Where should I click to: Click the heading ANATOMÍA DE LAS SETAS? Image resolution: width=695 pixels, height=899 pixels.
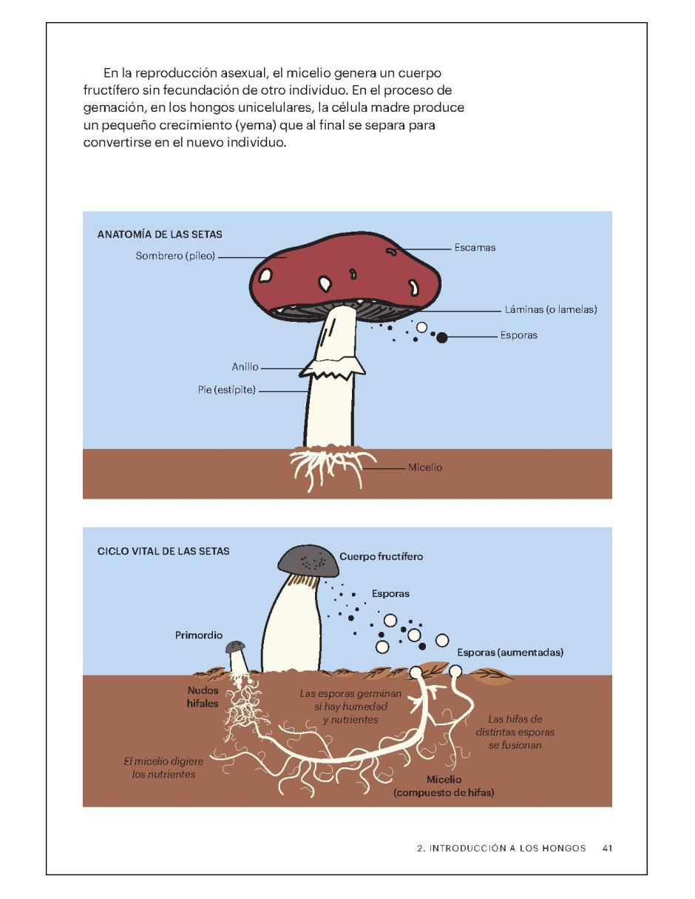click(x=160, y=234)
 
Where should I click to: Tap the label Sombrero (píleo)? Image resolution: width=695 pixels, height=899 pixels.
click(x=175, y=256)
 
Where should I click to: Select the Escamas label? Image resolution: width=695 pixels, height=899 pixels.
click(x=475, y=247)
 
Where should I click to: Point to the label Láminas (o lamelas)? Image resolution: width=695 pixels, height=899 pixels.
click(x=550, y=309)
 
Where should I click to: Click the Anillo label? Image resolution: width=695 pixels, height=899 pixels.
click(x=245, y=366)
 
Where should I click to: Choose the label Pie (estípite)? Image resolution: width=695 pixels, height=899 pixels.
click(x=226, y=390)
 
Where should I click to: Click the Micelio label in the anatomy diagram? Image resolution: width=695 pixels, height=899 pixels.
click(x=425, y=467)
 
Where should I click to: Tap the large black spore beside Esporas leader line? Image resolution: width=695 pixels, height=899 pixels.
click(x=441, y=337)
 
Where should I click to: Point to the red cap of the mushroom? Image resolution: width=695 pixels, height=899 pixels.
click(x=345, y=271)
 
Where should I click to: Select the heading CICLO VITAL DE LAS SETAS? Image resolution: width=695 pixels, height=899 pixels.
click(x=163, y=551)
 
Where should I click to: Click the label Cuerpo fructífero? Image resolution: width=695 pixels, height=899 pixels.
click(x=381, y=556)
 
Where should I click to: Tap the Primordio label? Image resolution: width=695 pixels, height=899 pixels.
click(x=198, y=635)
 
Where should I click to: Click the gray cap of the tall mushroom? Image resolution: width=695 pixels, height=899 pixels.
click(x=308, y=561)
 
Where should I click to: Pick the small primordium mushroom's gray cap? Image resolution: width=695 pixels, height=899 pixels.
click(x=235, y=647)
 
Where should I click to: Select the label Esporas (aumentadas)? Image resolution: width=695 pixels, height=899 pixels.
click(x=510, y=653)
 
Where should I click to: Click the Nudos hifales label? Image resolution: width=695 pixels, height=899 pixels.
click(x=202, y=697)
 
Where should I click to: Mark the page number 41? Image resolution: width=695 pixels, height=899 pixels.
click(x=607, y=848)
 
